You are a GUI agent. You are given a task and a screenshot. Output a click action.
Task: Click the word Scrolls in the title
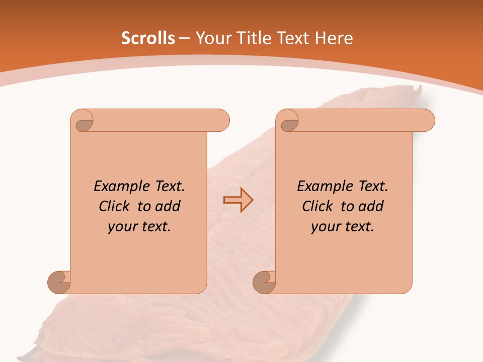click(148, 38)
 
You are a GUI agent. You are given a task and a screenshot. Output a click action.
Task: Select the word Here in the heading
click(334, 38)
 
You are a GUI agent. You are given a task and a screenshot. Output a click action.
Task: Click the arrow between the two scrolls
click(238, 200)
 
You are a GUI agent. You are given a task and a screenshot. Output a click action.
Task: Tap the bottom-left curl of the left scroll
click(59, 282)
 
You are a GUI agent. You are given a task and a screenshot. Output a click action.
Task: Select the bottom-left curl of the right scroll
click(265, 282)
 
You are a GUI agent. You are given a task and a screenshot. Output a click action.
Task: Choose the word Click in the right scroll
click(317, 206)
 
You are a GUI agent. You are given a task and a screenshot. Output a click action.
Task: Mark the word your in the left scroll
click(121, 227)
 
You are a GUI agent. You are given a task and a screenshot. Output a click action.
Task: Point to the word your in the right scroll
click(325, 227)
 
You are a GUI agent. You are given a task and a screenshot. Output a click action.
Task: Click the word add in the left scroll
click(168, 206)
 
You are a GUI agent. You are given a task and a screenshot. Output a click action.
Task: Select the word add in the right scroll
click(371, 206)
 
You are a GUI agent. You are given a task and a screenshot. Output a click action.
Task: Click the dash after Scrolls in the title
click(184, 39)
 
